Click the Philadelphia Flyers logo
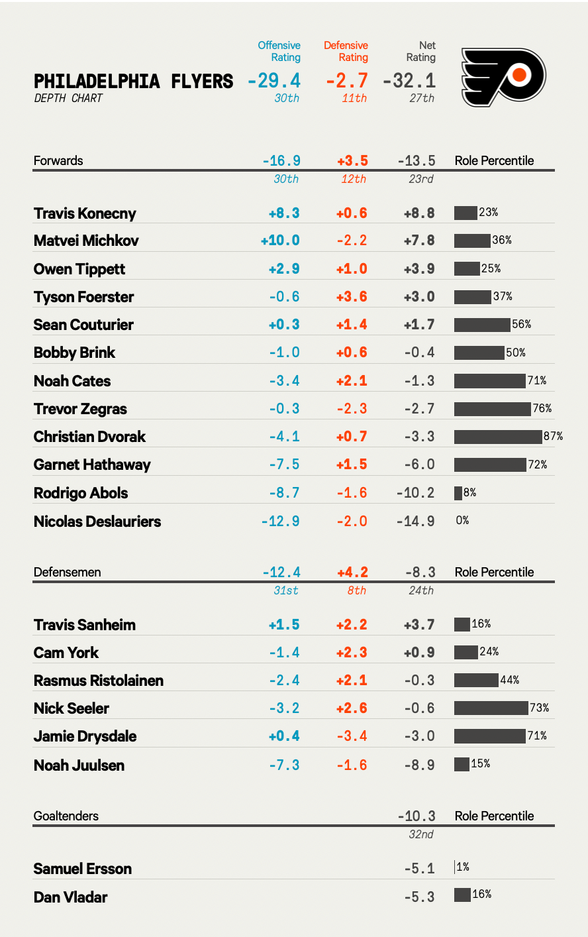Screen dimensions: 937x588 click(503, 77)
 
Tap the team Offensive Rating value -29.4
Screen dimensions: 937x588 click(274, 81)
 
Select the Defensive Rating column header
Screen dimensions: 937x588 click(346, 52)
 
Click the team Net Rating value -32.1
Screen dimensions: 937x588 click(409, 81)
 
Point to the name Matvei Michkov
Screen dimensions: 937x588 click(86, 241)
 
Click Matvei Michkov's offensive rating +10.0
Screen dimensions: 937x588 click(280, 241)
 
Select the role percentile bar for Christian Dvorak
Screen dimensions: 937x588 click(498, 437)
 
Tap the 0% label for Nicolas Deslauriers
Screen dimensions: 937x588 click(462, 521)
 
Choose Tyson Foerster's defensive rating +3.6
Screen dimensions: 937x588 click(352, 297)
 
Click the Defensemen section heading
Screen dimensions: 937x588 click(67, 572)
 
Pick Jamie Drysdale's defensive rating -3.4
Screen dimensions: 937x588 click(352, 736)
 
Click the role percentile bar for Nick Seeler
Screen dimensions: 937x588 click(491, 708)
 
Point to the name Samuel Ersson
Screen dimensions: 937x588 click(83, 869)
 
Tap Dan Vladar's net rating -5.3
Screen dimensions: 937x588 click(419, 897)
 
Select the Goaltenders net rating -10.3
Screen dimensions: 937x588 click(416, 816)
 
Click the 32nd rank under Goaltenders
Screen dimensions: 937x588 click(421, 834)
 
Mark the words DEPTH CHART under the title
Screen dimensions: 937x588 click(68, 98)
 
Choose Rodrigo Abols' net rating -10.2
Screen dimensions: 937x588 click(416, 493)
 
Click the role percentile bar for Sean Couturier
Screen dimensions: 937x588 click(482, 325)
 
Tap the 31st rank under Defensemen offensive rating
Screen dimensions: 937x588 click(286, 590)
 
